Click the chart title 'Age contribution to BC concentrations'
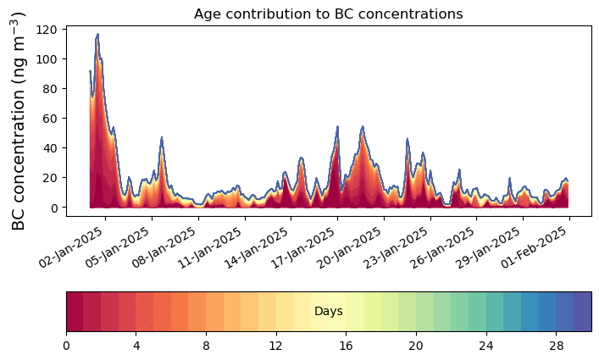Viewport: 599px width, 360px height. (329, 14)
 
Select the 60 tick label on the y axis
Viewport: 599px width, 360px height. (51, 119)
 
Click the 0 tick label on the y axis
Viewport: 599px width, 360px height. (54, 208)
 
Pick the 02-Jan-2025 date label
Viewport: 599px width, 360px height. (71, 247)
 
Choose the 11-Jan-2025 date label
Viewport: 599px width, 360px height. (210, 247)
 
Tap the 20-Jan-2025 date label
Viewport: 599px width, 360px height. (350, 247)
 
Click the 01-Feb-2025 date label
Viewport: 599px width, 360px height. (535, 247)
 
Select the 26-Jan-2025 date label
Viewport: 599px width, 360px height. (443, 247)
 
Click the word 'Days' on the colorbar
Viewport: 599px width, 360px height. (329, 312)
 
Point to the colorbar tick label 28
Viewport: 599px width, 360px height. (556, 346)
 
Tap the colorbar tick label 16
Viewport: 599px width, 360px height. (346, 346)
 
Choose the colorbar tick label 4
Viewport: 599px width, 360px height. (136, 346)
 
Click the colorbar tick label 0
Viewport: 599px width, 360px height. (66, 346)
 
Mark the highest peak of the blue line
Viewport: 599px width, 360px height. (97, 35)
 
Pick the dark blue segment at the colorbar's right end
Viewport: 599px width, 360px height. (583, 312)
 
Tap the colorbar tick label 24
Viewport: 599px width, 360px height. (486, 346)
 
